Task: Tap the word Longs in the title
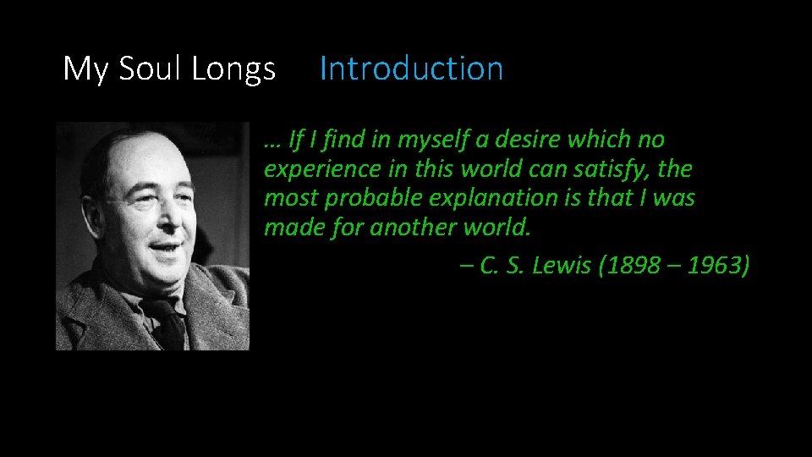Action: [x=233, y=69]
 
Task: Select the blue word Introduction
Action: [x=411, y=69]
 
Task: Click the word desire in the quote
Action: [x=528, y=139]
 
